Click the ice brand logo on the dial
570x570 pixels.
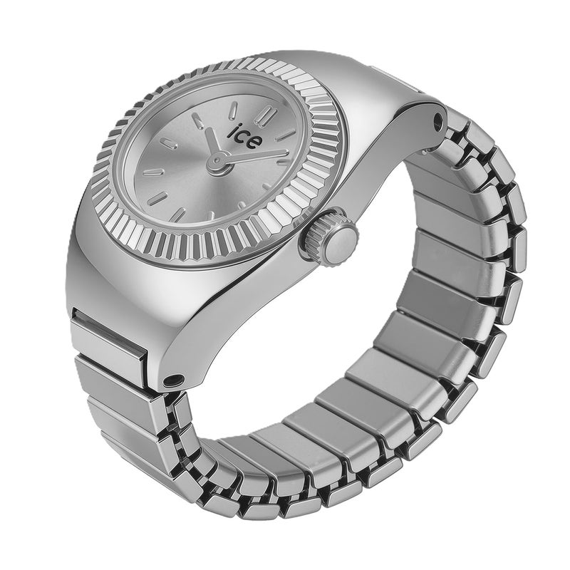244,135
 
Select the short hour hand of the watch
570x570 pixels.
212,143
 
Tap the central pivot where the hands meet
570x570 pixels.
218,159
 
